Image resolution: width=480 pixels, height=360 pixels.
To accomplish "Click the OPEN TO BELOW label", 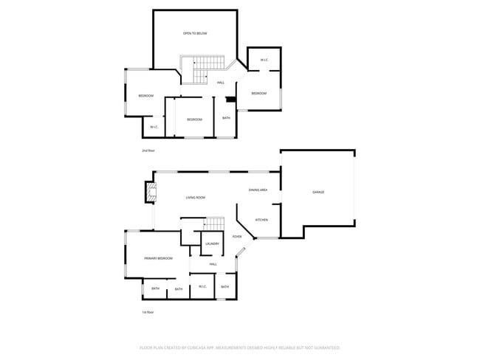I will (195, 33).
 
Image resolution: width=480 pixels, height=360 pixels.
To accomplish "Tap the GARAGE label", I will (318, 192).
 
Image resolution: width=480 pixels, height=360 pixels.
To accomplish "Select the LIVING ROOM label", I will (195, 198).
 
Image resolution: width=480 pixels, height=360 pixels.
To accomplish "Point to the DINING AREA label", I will (258, 190).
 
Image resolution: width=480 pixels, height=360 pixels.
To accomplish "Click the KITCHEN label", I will (261, 220).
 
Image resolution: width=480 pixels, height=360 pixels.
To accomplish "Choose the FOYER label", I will (237, 237).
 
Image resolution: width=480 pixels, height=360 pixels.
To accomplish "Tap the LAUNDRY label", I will (212, 243).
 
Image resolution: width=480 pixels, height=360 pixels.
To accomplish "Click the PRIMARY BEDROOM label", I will (159, 258).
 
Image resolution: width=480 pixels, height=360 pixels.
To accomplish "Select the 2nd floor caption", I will (148, 150).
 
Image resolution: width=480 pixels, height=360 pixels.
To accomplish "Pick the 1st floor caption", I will (148, 312).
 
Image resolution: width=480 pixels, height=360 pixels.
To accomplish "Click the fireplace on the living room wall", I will (151, 193).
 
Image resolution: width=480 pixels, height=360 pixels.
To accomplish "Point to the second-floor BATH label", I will (226, 118).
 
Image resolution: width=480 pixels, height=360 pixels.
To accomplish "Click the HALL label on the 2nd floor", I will (221, 83).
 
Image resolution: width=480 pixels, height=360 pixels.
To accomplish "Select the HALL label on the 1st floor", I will (213, 264).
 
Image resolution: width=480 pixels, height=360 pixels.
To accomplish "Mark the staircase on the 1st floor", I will (213, 224).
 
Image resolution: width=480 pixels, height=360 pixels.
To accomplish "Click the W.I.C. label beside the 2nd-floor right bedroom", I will (264, 60).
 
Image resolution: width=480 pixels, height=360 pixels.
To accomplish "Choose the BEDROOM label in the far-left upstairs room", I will (145, 96).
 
